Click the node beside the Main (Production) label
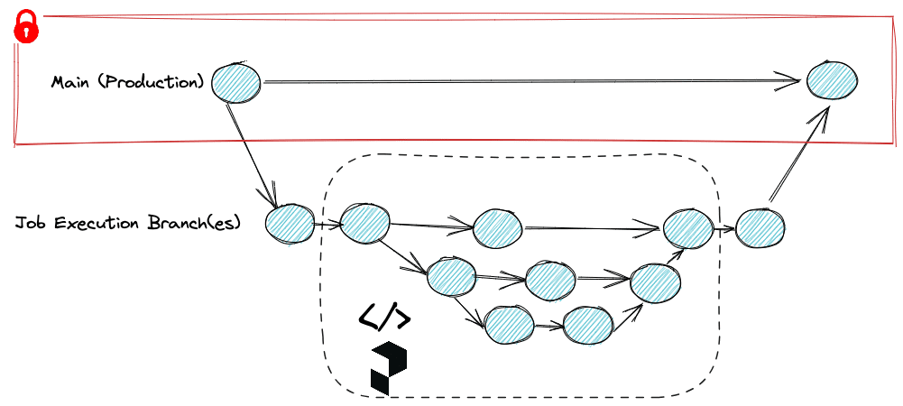tap(236, 83)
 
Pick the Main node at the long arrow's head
tap(831, 80)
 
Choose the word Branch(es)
tap(194, 223)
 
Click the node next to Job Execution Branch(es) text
tap(290, 224)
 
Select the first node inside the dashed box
tap(364, 222)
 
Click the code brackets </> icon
tap(385, 317)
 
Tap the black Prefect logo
tap(389, 368)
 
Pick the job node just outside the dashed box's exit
tap(760, 227)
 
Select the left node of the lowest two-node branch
tap(509, 325)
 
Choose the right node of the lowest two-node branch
tap(588, 325)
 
